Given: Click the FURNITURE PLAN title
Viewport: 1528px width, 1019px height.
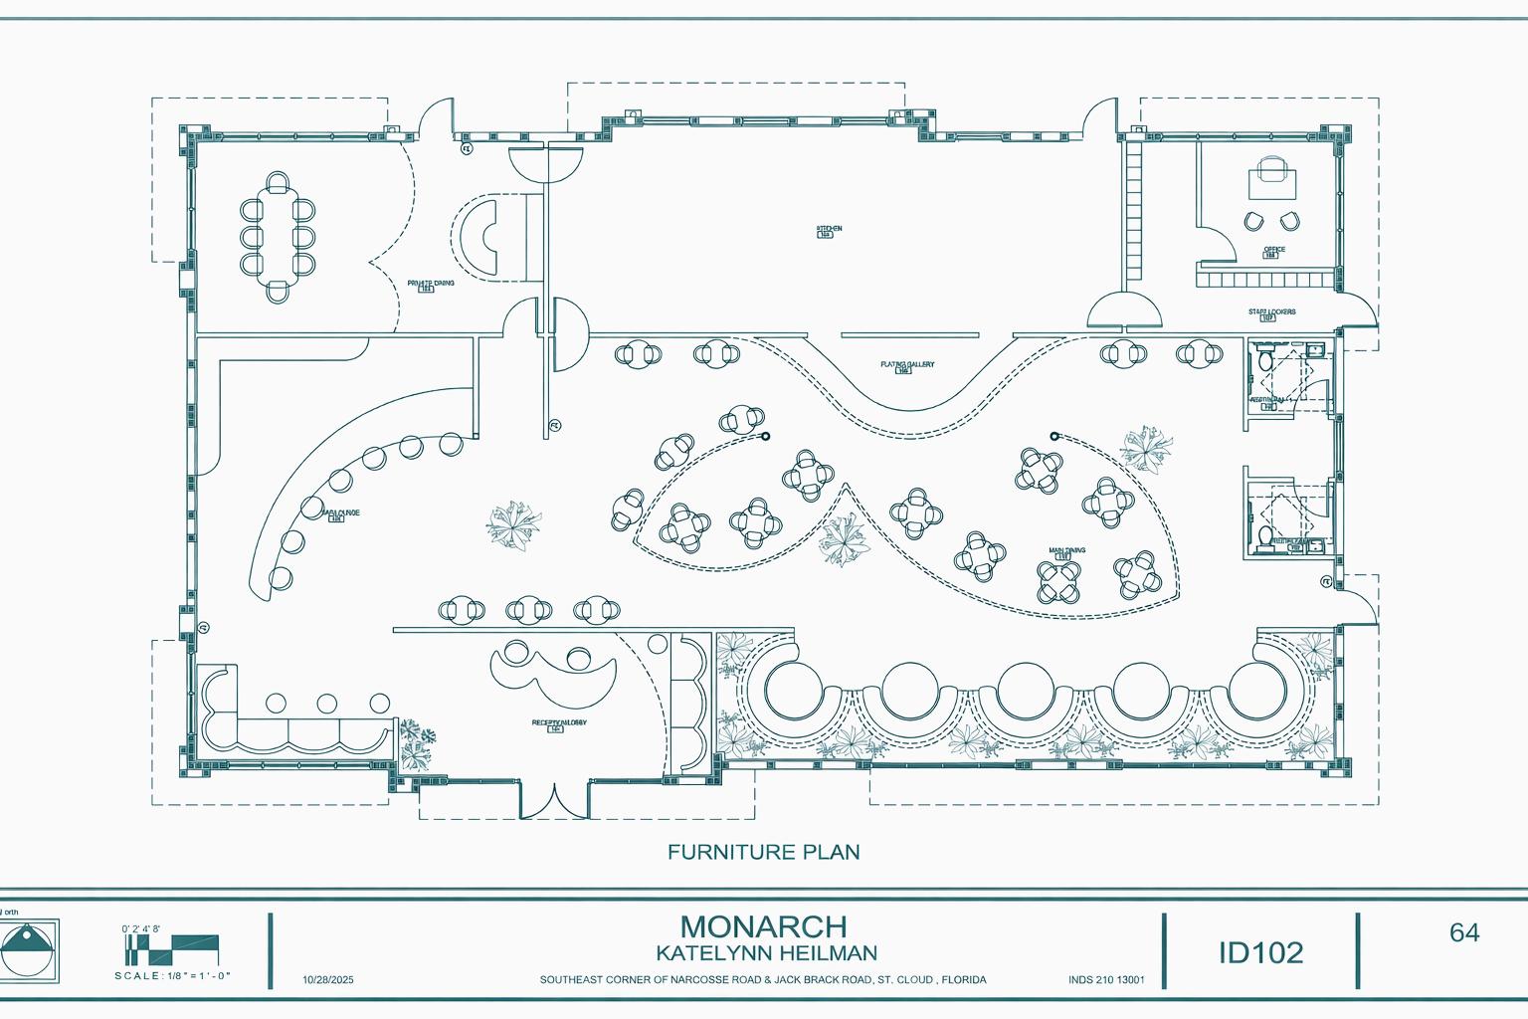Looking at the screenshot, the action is point(763,852).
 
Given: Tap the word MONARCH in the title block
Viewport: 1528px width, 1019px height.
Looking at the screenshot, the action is point(764,926).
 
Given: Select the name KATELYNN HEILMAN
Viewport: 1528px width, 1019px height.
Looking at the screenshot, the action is point(765,953).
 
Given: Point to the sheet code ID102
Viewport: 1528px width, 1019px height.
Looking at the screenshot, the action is point(1260,952).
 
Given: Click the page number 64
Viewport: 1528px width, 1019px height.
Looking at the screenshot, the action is point(1464,932).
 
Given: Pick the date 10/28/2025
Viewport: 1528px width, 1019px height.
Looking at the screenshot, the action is point(327,980).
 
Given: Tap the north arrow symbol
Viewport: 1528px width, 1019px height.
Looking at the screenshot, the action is point(29,946).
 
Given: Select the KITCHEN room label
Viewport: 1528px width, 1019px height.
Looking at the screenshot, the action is point(829,229).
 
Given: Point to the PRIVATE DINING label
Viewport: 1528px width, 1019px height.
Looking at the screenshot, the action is point(431,284).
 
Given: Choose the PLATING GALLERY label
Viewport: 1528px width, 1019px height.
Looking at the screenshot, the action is point(906,365).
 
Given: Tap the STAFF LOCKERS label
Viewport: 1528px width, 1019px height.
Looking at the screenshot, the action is point(1271,312).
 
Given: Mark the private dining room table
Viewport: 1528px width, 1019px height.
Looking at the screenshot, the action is point(279,237).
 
